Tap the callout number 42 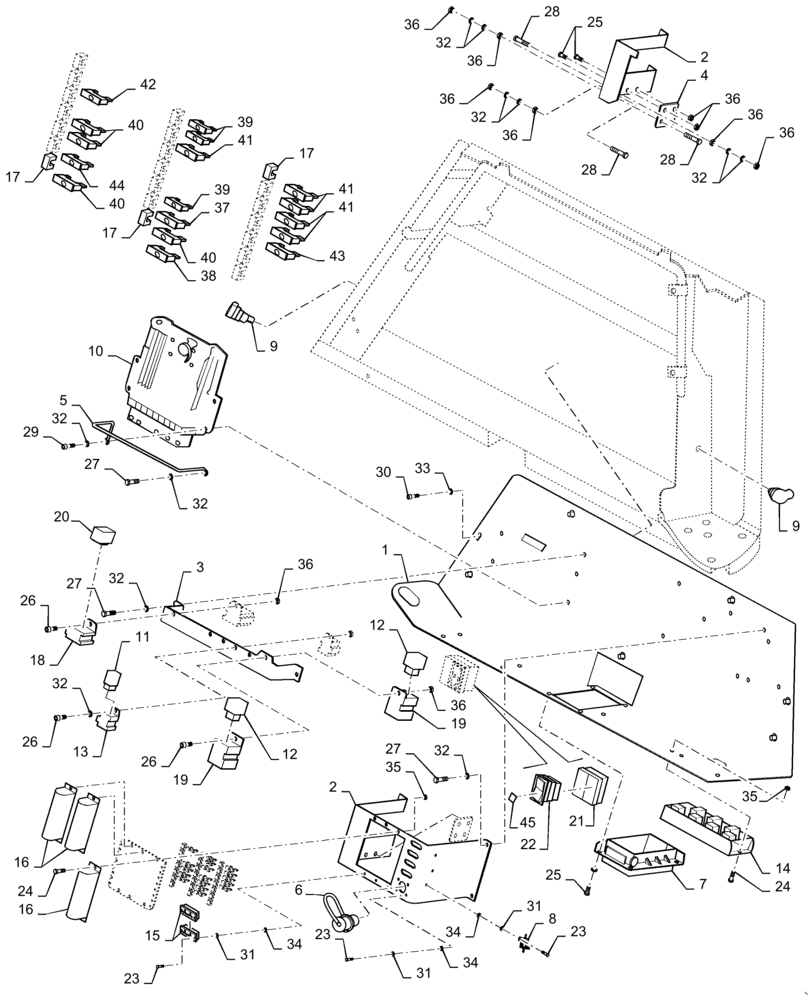coord(147,85)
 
